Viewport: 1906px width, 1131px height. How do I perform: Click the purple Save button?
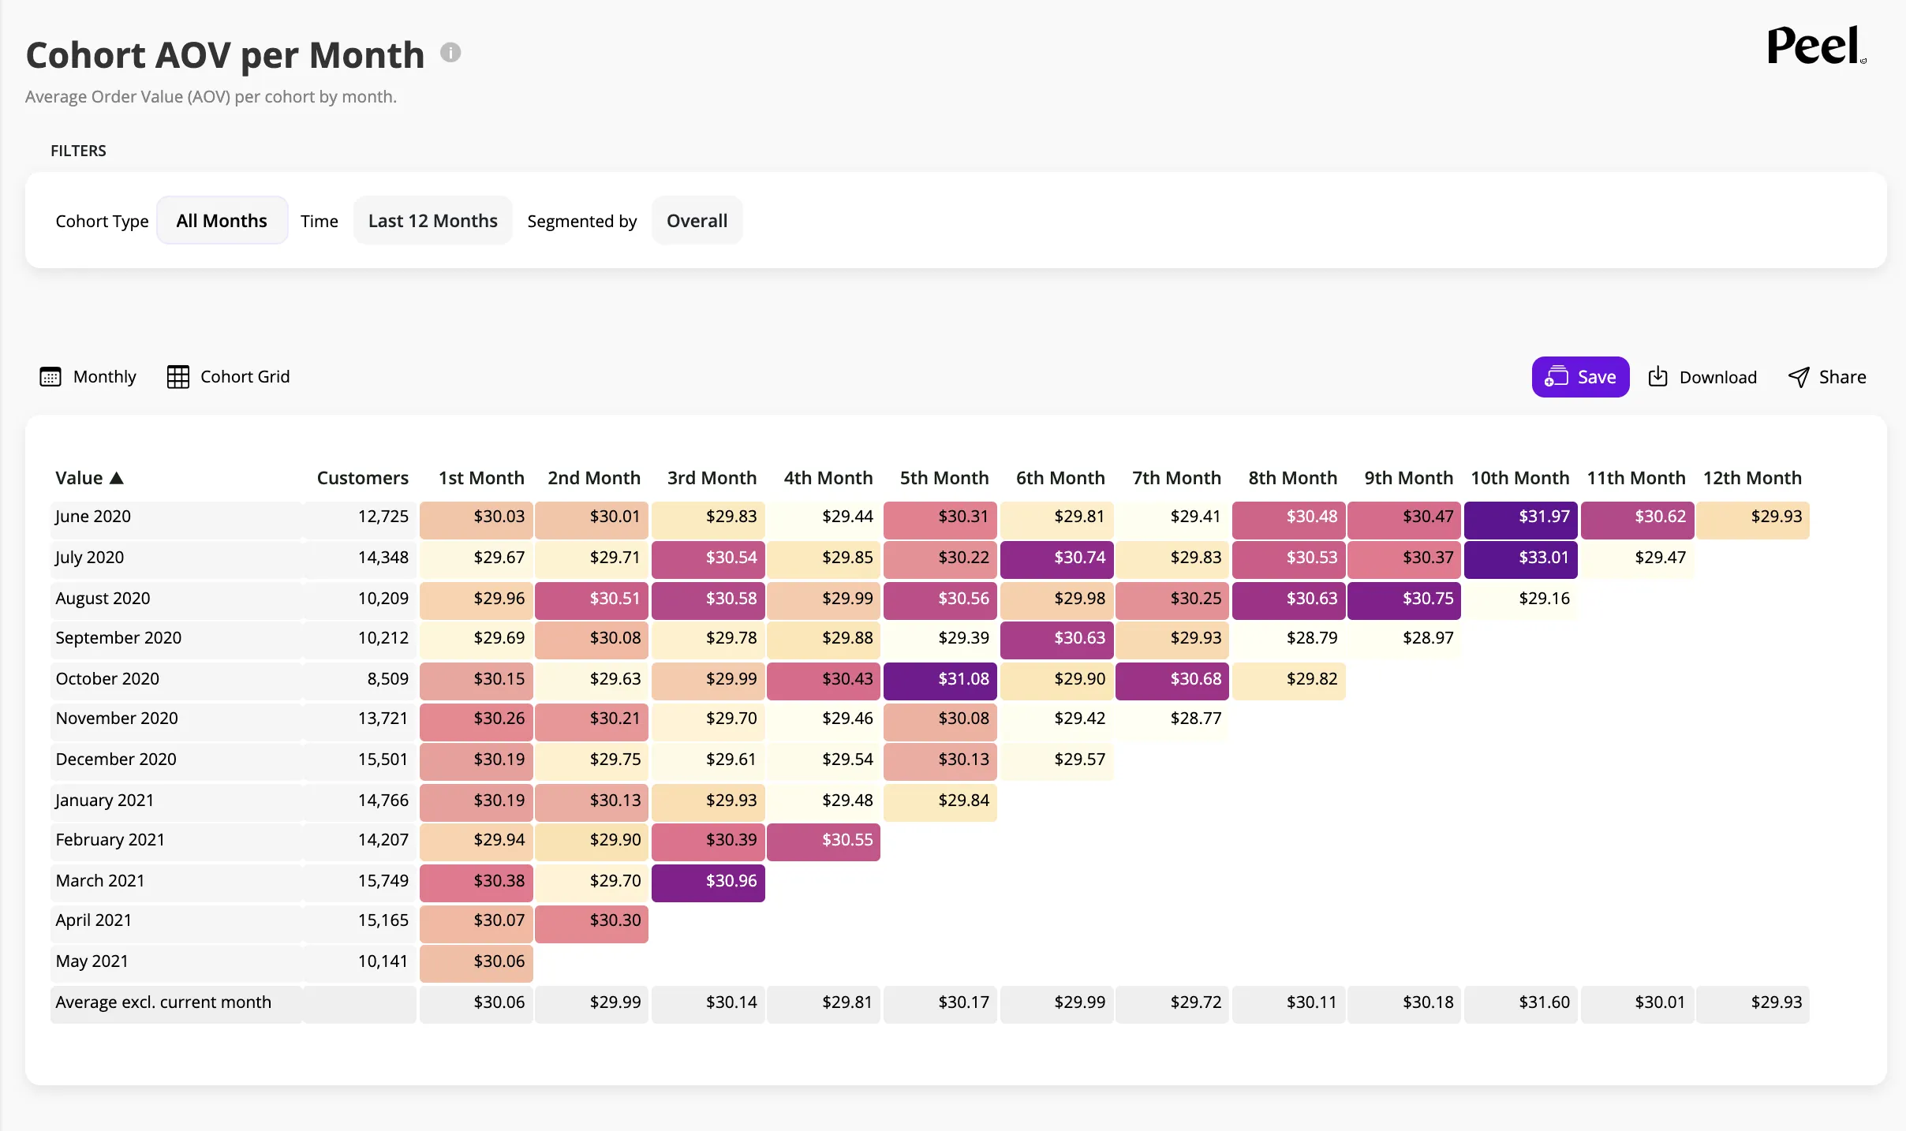pos(1580,377)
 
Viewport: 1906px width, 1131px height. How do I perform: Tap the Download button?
pos(1702,377)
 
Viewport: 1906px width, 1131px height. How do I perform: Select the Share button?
pos(1826,377)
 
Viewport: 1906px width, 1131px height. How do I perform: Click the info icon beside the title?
pos(450,53)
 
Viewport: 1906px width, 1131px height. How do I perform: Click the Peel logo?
pos(1816,47)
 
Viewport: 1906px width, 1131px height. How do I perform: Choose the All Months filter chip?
pos(222,221)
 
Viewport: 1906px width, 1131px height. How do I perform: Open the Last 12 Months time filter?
pos(432,221)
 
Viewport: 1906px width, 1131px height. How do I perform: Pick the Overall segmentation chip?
pos(697,221)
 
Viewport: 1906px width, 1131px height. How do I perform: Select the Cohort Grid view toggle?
pos(228,377)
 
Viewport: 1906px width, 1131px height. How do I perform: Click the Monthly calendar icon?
pos(50,377)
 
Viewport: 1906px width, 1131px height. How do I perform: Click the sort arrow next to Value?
pos(117,478)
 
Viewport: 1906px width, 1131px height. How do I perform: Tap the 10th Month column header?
pos(1519,478)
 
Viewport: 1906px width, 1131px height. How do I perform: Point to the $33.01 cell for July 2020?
pos(1520,558)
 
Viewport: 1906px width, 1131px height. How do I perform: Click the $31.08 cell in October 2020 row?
pos(940,680)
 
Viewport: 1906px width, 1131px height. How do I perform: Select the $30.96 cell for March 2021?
pos(708,882)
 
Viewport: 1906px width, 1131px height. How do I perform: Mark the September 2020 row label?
pos(118,638)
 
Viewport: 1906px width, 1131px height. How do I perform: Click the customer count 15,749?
pos(383,881)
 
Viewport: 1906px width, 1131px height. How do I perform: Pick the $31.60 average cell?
pos(1520,1003)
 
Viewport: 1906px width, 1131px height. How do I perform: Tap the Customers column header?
pos(362,478)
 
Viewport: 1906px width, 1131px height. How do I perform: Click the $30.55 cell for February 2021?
pos(824,841)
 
